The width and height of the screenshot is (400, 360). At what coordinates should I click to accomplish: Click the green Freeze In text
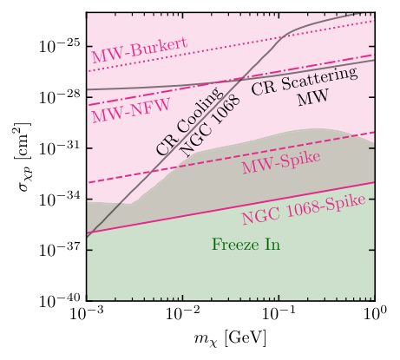click(246, 245)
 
